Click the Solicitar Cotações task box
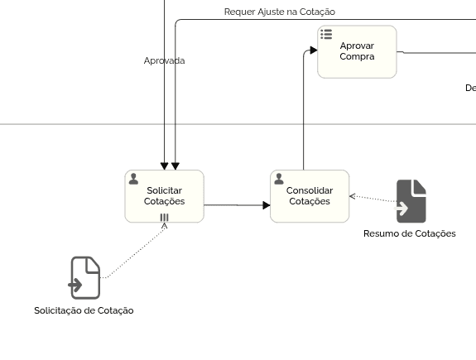point(164,196)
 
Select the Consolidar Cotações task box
point(310,196)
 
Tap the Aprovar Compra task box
point(357,52)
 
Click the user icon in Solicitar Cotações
point(133,179)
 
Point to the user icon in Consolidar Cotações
point(279,179)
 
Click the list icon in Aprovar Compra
point(326,34)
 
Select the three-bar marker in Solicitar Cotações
point(164,218)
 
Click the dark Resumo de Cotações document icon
point(411,201)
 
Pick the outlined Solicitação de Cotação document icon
point(85,278)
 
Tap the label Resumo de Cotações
point(410,233)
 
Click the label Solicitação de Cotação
point(84,310)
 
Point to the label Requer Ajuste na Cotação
point(280,12)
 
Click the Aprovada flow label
point(164,60)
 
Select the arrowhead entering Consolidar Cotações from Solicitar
point(267,205)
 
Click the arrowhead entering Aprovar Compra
point(314,50)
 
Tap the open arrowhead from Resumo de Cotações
point(352,196)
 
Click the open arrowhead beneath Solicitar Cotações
point(165,226)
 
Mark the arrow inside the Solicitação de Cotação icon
point(75,285)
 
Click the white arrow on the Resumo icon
point(401,209)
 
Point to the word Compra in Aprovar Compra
point(357,57)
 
